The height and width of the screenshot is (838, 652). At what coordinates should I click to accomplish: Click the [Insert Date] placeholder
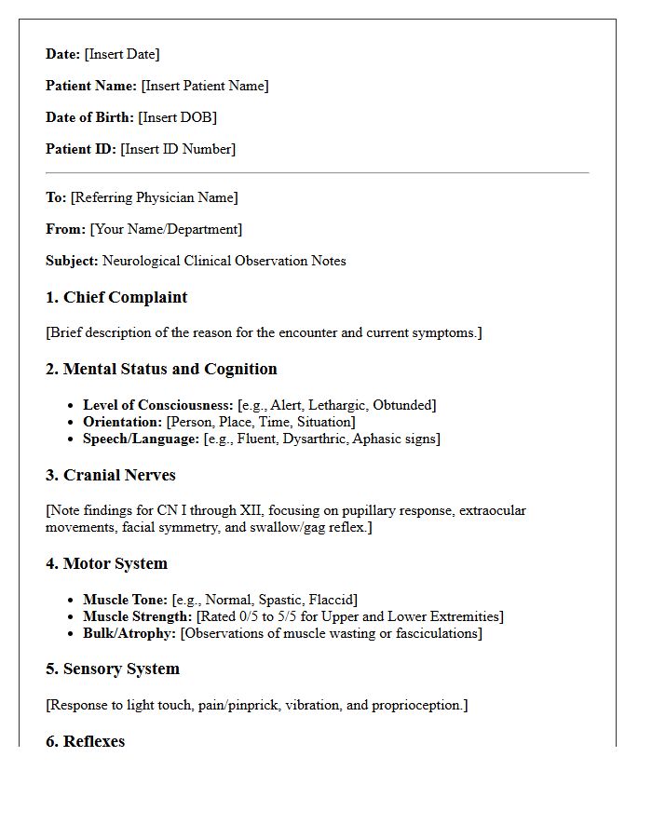pos(122,54)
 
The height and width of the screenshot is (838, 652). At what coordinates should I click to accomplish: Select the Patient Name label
pos(91,86)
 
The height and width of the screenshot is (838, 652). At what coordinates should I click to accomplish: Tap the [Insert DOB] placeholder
pos(177,117)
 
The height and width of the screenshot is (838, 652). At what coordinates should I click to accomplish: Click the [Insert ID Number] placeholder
pos(178,149)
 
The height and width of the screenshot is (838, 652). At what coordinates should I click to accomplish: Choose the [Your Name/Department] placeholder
pos(166,229)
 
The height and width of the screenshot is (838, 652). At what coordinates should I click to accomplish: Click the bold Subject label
pos(72,261)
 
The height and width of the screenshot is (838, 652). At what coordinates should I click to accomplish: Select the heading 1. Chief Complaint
pos(116,298)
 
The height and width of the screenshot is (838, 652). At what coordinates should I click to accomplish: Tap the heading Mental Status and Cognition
pos(170,369)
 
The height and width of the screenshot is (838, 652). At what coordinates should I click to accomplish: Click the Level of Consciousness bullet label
pos(157,405)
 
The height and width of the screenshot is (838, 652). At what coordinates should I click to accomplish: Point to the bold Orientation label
pos(122,422)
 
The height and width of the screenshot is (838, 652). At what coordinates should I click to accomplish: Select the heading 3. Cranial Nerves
pos(110,475)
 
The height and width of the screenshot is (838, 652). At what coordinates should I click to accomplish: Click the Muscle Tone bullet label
pos(125,600)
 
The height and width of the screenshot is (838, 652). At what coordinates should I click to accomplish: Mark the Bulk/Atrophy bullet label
pos(129,633)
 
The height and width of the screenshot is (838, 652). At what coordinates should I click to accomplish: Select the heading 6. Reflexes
pos(85,741)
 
